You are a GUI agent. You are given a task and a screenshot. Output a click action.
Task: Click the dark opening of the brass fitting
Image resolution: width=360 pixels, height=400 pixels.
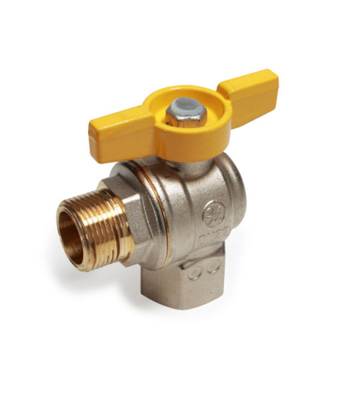[x=72, y=233]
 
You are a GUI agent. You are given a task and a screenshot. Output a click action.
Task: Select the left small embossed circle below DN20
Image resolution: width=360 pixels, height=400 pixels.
[x=195, y=273]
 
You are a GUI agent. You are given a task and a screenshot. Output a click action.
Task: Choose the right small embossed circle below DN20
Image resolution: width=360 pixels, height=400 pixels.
[x=214, y=268]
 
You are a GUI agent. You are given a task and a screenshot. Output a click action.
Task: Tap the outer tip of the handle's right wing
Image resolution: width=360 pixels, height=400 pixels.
[x=273, y=83]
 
